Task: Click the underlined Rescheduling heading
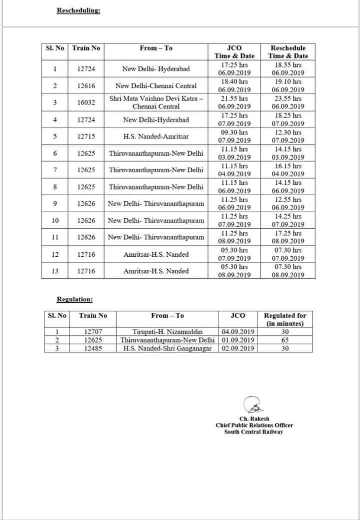(78, 11)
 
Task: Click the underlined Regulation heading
(74, 299)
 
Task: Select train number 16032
(86, 103)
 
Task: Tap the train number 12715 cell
(86, 136)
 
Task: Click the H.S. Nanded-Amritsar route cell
(155, 136)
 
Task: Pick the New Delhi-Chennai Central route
(155, 86)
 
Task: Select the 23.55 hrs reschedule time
(288, 99)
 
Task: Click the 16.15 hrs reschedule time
(288, 166)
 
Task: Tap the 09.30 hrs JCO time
(234, 132)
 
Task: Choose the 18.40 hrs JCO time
(234, 82)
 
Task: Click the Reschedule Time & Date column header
(288, 52)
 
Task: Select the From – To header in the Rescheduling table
(155, 48)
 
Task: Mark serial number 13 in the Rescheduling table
(55, 271)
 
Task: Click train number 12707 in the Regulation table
(93, 332)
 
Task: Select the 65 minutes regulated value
(285, 340)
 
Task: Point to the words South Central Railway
(253, 431)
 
